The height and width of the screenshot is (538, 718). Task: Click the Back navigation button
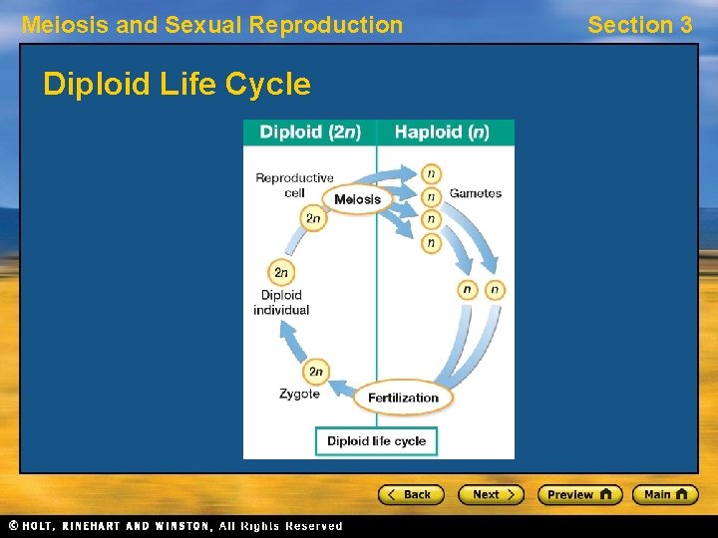pyautogui.click(x=410, y=494)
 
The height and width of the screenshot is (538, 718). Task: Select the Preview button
pyautogui.click(x=579, y=494)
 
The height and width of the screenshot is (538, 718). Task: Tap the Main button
pyautogui.click(x=665, y=494)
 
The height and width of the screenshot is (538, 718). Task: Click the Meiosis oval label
pyautogui.click(x=357, y=199)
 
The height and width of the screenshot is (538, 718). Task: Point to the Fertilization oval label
pyautogui.click(x=403, y=398)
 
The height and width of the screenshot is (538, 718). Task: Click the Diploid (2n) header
pyautogui.click(x=310, y=132)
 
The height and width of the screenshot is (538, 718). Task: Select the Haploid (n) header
pyautogui.click(x=442, y=132)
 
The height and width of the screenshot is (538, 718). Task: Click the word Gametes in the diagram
pyautogui.click(x=475, y=193)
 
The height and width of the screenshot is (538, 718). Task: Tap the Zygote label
pyautogui.click(x=299, y=394)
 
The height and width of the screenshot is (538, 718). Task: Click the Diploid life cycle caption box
pyautogui.click(x=376, y=440)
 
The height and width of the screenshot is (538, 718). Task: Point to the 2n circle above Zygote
pyautogui.click(x=316, y=372)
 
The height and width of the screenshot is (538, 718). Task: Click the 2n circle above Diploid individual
pyautogui.click(x=281, y=272)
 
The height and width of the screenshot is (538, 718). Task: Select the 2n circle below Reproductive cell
pyautogui.click(x=313, y=218)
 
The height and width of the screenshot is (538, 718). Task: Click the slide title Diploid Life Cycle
pyautogui.click(x=177, y=85)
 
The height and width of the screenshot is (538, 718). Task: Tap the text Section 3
pyautogui.click(x=639, y=25)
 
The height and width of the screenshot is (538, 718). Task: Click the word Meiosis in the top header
pyautogui.click(x=64, y=25)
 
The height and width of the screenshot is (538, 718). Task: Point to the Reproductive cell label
pyautogui.click(x=294, y=184)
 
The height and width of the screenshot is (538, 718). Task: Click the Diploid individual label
pyautogui.click(x=281, y=302)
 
